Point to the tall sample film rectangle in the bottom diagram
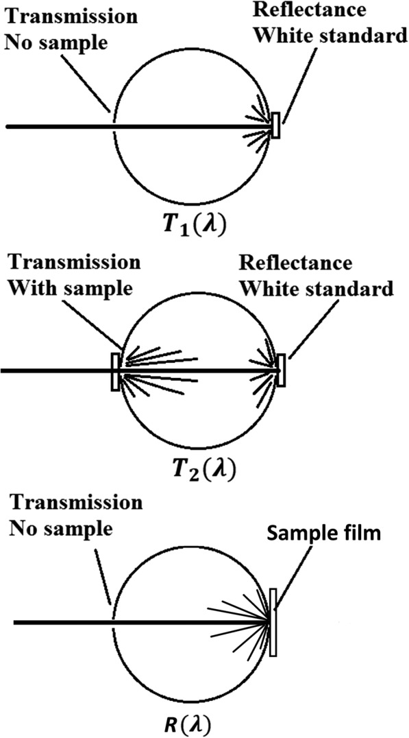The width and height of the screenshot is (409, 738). click(273, 622)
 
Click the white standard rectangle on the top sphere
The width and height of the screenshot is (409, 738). click(275, 126)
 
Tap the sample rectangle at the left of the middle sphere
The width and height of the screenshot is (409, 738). click(115, 372)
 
